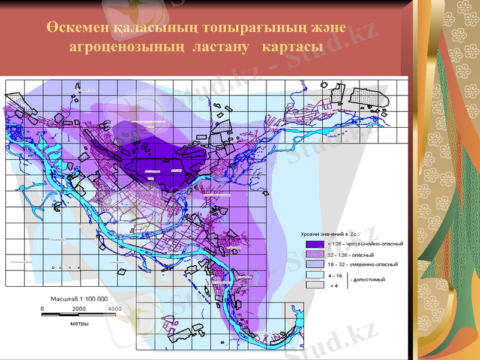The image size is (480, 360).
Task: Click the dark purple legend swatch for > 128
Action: coord(314,244)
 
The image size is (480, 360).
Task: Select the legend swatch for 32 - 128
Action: coord(314,254)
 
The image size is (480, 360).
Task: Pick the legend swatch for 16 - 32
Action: coord(314,265)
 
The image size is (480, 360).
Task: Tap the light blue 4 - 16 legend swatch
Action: coord(314,275)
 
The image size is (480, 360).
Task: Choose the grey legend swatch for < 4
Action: coord(314,285)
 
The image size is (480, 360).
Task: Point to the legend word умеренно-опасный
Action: coord(375,265)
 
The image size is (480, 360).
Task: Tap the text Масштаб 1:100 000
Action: coord(78,298)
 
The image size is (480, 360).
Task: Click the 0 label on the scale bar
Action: coord(42,308)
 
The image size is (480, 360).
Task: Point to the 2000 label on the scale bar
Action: coord(79,308)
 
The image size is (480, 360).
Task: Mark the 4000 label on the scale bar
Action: coord(114,308)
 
